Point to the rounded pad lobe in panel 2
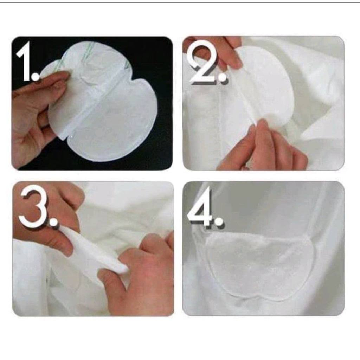[x=266, y=87]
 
